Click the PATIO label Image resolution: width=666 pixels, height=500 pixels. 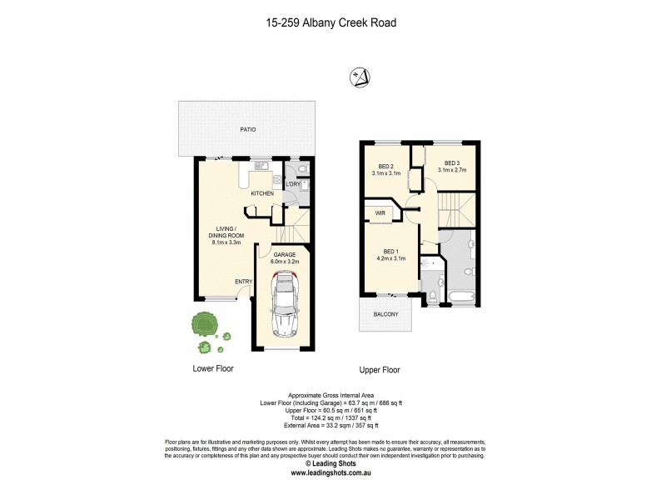point(247,130)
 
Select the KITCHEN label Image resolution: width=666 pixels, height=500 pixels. point(263,193)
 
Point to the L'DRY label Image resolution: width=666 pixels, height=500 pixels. point(293,184)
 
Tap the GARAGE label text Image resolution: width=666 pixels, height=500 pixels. point(285,254)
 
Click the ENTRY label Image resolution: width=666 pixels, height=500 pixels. point(243,282)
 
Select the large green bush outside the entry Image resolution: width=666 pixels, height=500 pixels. point(202,323)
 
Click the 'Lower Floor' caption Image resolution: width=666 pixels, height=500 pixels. point(213,367)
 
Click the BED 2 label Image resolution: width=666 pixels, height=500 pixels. point(385,166)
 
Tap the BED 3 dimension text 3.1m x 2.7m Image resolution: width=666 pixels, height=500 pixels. point(452,170)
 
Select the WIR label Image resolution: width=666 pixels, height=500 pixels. point(380,213)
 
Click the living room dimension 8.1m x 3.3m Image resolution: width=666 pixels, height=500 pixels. point(226,242)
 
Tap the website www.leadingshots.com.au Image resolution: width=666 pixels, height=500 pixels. point(331,473)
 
